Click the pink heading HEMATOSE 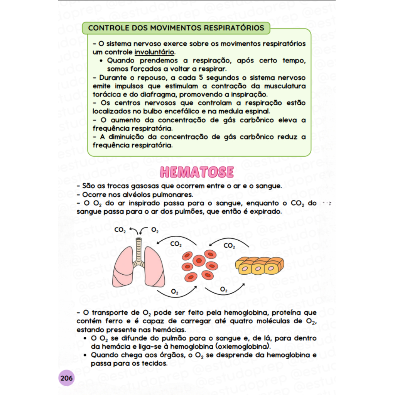pyautogui.click(x=197, y=172)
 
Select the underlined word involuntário pyautogui.click(x=154, y=52)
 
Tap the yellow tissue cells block pyautogui.click(x=260, y=266)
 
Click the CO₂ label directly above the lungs pyautogui.click(x=120, y=230)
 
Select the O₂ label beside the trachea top pyautogui.click(x=155, y=230)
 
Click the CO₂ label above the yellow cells pyautogui.click(x=230, y=246)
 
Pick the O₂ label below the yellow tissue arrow pyautogui.click(x=224, y=289)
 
